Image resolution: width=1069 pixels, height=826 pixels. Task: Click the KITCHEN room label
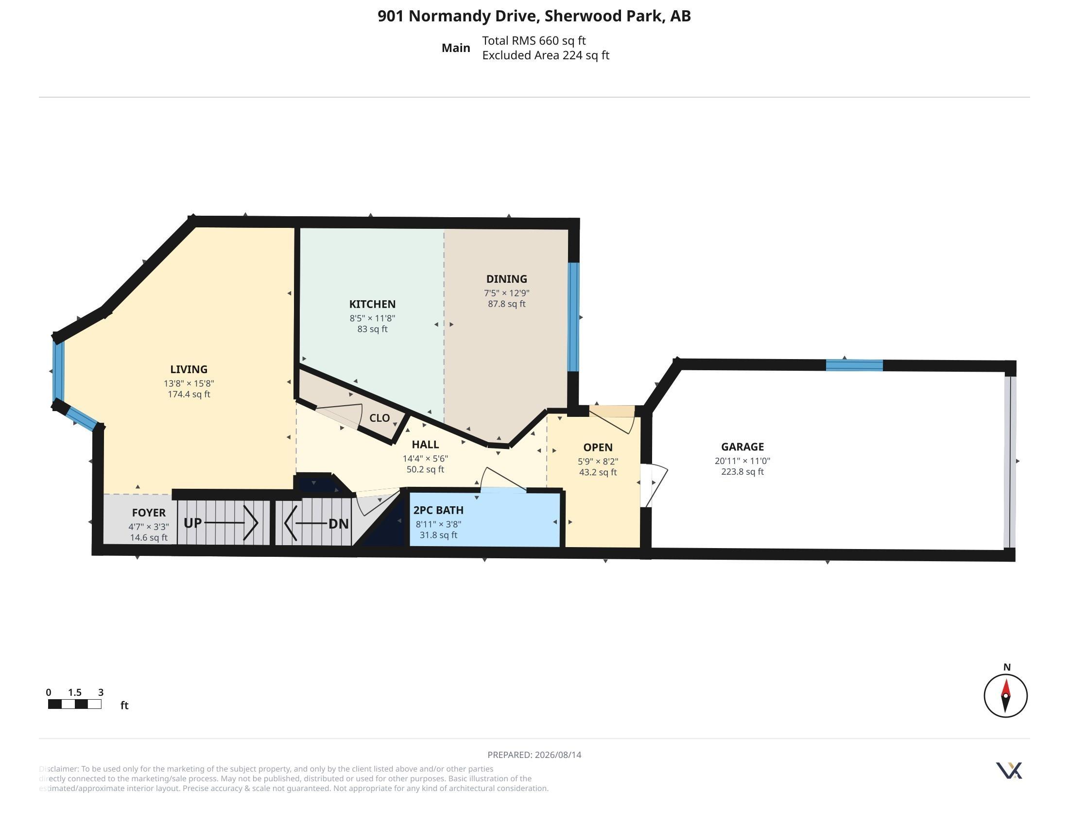(372, 304)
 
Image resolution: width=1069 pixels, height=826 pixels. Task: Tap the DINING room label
(507, 279)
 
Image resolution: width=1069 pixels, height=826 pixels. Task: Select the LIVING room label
(189, 369)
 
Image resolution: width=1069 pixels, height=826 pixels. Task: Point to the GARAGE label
(742, 447)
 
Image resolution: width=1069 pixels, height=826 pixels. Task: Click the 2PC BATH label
(438, 510)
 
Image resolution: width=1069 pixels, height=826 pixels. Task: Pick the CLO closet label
(379, 418)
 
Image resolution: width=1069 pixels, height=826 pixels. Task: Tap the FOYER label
(149, 513)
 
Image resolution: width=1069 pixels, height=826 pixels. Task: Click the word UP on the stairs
(193, 523)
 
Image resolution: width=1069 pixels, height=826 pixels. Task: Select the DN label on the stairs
(338, 524)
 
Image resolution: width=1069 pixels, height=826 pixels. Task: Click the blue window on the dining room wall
(573, 317)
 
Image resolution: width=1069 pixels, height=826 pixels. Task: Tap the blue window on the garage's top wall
(854, 365)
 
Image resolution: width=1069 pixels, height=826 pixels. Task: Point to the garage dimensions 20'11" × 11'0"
(742, 461)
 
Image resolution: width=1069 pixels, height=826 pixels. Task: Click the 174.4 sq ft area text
(189, 395)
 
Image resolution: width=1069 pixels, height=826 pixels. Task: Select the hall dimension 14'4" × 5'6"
(425, 459)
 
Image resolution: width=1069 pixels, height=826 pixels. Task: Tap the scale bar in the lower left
(75, 704)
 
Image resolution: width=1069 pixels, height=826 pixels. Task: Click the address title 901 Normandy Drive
(459, 16)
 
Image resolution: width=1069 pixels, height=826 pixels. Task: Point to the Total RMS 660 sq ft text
(534, 41)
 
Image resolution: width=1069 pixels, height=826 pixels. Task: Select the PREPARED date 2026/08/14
(558, 755)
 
